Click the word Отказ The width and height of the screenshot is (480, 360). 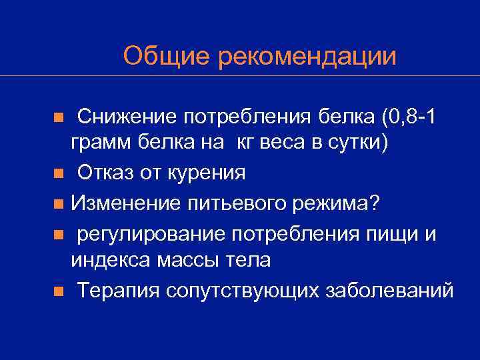tap(106, 173)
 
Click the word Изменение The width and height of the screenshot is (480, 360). tap(123, 203)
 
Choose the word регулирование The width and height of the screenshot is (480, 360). tap(152, 232)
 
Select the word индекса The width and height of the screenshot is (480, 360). tap(111, 260)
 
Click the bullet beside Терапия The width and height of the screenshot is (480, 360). tap(59, 291)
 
